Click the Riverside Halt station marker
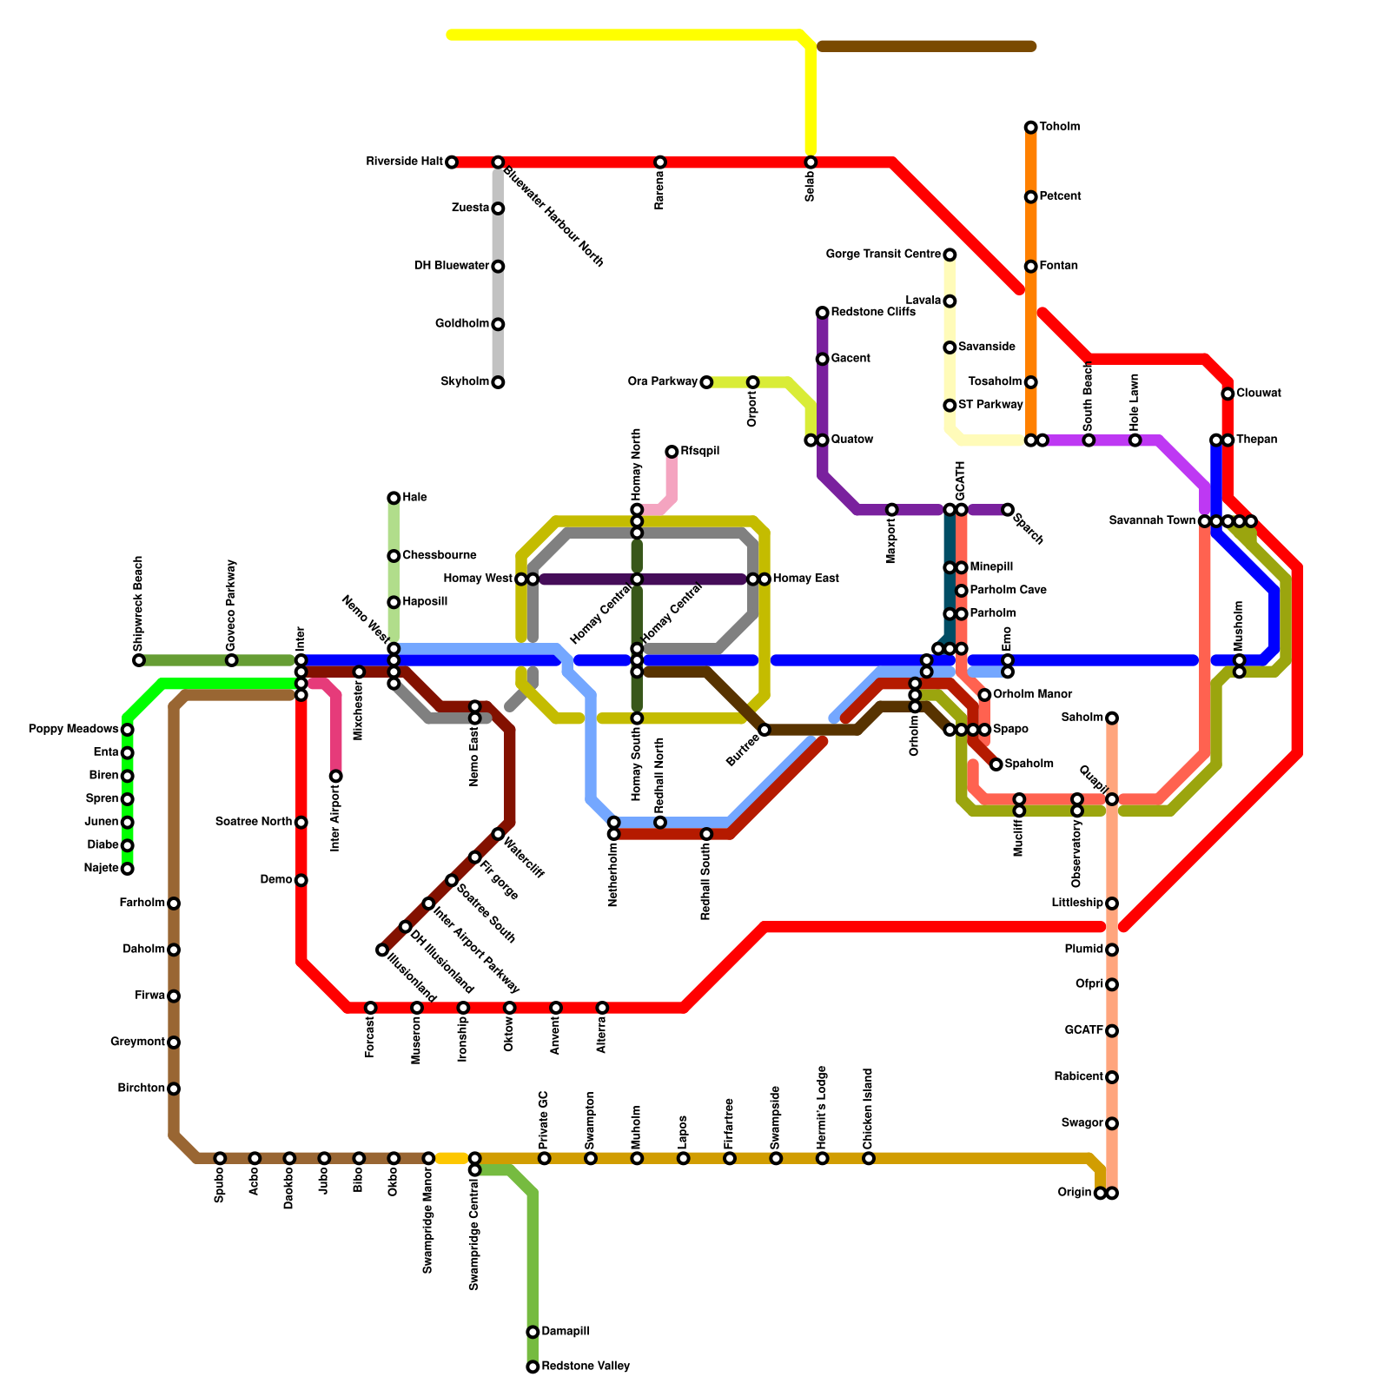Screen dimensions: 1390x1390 click(x=452, y=162)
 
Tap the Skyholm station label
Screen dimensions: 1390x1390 click(x=465, y=382)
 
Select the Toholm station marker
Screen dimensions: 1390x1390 click(x=1030, y=128)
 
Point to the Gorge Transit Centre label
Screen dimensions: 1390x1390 click(x=883, y=255)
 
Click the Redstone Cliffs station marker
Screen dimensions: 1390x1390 click(x=822, y=313)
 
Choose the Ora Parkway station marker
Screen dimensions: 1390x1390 click(x=706, y=382)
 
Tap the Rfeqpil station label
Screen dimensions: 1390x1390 click(x=700, y=452)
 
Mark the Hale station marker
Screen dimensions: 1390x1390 click(x=394, y=498)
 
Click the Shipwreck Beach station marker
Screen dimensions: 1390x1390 click(x=139, y=660)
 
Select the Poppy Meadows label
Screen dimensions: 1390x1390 click(x=73, y=729)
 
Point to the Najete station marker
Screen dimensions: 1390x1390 click(x=128, y=868)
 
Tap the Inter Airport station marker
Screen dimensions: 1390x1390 click(x=335, y=776)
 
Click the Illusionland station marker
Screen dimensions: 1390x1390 click(x=382, y=950)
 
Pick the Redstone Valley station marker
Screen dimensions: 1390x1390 click(x=533, y=1367)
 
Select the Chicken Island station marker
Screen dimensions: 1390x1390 click(x=869, y=1158)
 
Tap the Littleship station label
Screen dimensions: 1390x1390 click(x=1077, y=903)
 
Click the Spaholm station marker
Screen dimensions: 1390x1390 click(x=996, y=764)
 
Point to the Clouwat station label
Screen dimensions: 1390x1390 click(x=1259, y=394)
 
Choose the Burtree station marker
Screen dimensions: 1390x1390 click(x=764, y=730)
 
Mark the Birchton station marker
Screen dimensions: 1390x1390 click(x=174, y=1089)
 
